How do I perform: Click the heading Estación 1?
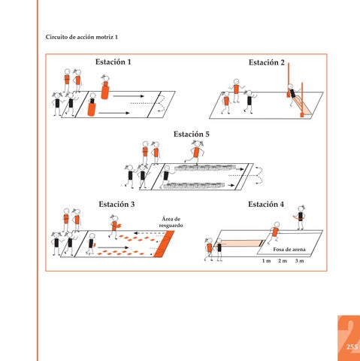pyautogui.click(x=113, y=62)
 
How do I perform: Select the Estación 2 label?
pyautogui.click(x=267, y=62)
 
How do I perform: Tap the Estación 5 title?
pyautogui.click(x=192, y=134)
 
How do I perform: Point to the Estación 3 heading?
pyautogui.click(x=116, y=204)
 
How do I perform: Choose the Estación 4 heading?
pyautogui.click(x=266, y=204)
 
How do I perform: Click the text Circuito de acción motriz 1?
pyautogui.click(x=82, y=37)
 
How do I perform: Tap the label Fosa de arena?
pyautogui.click(x=289, y=249)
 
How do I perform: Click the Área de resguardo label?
pyautogui.click(x=171, y=222)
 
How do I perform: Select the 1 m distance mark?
pyautogui.click(x=266, y=261)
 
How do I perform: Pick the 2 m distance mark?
pyautogui.click(x=283, y=261)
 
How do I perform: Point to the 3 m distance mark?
pyautogui.click(x=299, y=261)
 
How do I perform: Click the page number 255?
pyautogui.click(x=352, y=347)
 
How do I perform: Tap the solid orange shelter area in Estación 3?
pyautogui.click(x=164, y=244)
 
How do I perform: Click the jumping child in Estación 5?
pyautogui.click(x=195, y=152)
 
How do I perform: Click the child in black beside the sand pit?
pyautogui.click(x=300, y=217)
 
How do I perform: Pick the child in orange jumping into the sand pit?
pyautogui.click(x=274, y=233)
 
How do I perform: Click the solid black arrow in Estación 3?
pyautogui.click(x=113, y=247)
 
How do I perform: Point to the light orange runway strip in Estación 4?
pyautogui.click(x=239, y=243)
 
